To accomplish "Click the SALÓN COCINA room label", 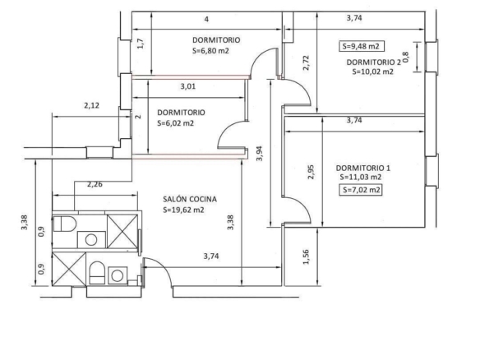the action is coord(190,199).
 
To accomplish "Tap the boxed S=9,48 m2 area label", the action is coord(361,46).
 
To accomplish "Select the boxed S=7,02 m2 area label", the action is coord(361,190).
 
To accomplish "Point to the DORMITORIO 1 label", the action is coord(363,168).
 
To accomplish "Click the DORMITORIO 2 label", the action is coord(373,62).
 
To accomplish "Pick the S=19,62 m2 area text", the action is coord(183,210).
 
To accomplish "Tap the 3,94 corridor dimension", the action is coord(260,154).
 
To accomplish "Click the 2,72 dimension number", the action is coord(306,62).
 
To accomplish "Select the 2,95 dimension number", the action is coord(311,172).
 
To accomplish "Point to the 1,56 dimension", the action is coord(306,257).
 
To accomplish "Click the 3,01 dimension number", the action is coord(188,86).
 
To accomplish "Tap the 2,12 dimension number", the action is coord(91,105).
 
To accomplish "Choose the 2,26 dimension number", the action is coord(95,184).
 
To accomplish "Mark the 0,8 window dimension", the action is coord(405,58).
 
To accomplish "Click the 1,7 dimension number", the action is coord(141,44).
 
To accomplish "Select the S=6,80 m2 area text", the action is coord(210,51).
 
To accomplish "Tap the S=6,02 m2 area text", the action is coord(175,123).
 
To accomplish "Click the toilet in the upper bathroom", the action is coord(65,224).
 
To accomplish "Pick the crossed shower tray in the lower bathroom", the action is coord(69,270).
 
